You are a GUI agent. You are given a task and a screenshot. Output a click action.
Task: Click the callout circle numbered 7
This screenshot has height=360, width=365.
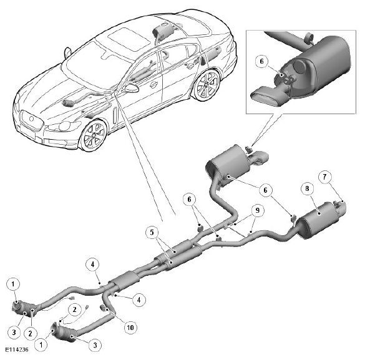(x=324, y=177)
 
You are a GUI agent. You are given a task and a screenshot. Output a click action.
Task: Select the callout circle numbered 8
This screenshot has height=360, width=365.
(x=307, y=188)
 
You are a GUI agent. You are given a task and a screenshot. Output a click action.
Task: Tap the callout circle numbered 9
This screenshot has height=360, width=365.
(x=258, y=210)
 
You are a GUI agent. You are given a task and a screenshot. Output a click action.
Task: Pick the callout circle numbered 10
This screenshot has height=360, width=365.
(x=130, y=328)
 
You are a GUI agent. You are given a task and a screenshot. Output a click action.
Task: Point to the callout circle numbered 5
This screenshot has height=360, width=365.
(x=152, y=232)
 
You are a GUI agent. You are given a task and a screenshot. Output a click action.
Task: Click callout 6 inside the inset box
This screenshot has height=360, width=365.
(x=261, y=61)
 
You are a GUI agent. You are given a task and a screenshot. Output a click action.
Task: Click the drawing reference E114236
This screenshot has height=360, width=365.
(x=17, y=349)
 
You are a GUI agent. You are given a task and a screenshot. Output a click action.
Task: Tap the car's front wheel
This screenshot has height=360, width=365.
(x=94, y=135)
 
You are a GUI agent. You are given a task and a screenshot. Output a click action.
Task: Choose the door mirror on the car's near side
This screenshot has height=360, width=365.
(x=131, y=88)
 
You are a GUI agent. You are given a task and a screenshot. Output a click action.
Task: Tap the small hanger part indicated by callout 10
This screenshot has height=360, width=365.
(x=103, y=308)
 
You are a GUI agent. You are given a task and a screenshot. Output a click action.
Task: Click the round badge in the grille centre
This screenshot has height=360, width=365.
(x=31, y=119)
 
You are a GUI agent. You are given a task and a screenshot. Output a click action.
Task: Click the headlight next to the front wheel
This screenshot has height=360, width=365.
(x=62, y=127)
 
